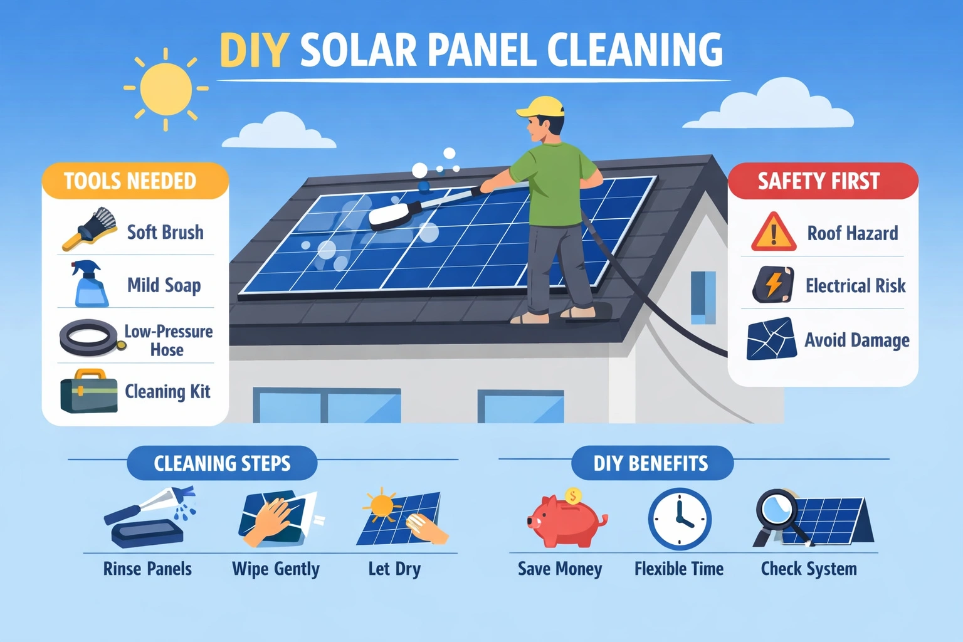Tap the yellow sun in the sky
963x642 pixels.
coord(166,88)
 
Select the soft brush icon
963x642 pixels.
coord(92,229)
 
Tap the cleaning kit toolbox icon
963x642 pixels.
coord(88,392)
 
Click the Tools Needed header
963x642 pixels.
coord(130,181)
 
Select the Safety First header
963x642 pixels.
coord(819,181)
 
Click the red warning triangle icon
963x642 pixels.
coord(774,233)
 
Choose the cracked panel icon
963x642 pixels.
coord(771,339)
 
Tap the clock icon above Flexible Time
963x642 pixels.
coord(679,519)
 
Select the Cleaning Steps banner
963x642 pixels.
coord(222,463)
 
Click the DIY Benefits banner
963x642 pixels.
coord(651,463)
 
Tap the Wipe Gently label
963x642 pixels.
coord(276,569)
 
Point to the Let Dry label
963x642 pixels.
coord(394,569)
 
